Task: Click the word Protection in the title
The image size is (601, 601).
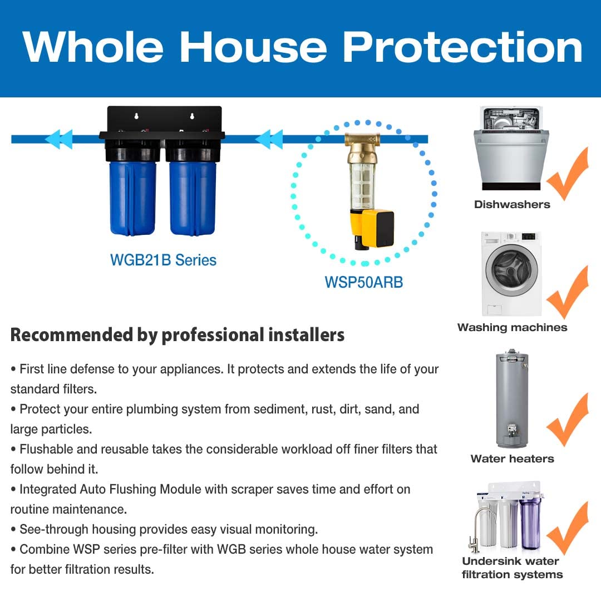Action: pos(462,48)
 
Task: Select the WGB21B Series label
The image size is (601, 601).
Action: pos(163,259)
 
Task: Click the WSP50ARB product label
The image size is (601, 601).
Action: pos(363,282)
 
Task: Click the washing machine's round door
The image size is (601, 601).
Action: pos(511,271)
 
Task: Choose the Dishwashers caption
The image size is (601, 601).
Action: pos(511,204)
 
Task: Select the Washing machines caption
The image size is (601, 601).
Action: pos(512,328)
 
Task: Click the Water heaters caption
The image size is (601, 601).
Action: pos(512,459)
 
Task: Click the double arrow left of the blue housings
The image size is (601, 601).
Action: pos(58,139)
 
